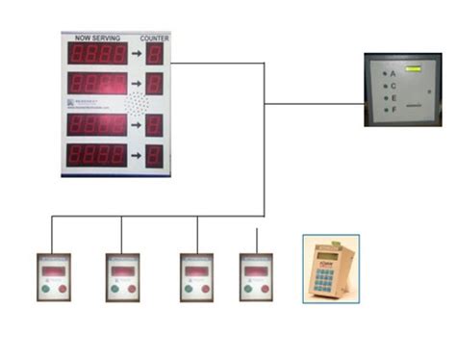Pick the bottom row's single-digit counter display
click(154, 156)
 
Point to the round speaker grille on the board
click(139, 104)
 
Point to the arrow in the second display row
click(138, 84)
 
